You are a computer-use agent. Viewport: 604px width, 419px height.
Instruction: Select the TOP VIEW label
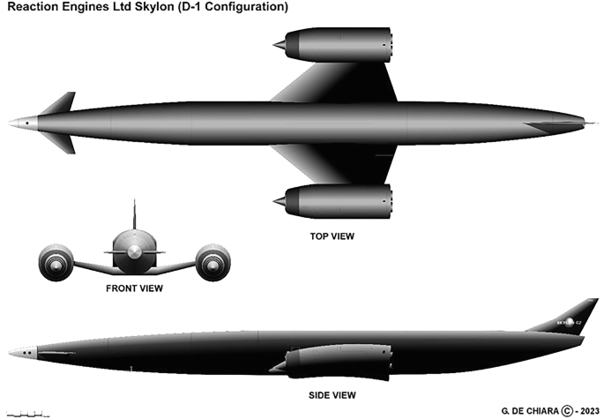(332, 236)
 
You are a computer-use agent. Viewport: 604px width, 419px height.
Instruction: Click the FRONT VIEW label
(134, 288)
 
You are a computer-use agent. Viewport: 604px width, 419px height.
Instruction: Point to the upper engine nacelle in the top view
(337, 45)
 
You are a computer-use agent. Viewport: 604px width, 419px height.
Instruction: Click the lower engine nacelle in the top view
(337, 201)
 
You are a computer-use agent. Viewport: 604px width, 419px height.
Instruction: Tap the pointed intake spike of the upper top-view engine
(279, 44)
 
